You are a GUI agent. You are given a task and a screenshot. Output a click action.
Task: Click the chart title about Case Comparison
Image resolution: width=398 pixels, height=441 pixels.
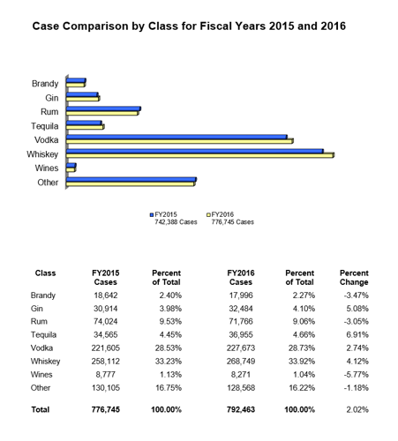(189, 26)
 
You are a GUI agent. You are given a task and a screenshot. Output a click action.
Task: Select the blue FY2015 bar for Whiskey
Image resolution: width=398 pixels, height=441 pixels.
(194, 151)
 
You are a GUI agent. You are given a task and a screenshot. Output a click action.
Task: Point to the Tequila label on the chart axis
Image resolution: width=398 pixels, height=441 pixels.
(43, 125)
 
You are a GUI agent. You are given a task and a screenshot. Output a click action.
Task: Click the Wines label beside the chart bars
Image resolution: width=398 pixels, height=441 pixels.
(47, 168)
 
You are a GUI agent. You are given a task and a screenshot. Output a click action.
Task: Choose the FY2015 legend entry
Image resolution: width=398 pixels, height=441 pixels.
(168, 213)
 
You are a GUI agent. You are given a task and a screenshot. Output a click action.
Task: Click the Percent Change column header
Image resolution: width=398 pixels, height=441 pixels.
(353, 278)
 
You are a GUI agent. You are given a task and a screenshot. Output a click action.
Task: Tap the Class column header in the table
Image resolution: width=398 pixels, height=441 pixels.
(45, 273)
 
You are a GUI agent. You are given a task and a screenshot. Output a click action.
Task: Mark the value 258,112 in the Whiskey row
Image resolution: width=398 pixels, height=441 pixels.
(106, 361)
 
